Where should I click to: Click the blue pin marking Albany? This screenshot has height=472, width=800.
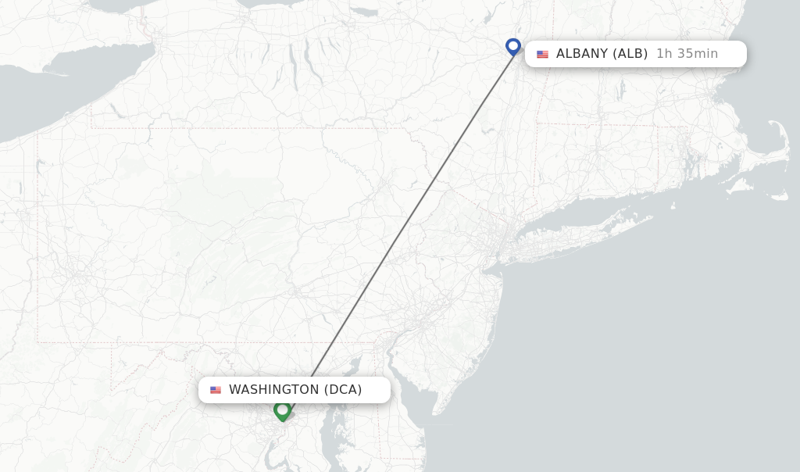(x=512, y=47)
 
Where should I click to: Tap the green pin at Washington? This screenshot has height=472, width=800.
(x=282, y=409)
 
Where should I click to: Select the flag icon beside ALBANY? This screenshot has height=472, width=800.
(x=542, y=54)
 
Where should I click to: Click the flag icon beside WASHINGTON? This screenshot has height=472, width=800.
(x=216, y=390)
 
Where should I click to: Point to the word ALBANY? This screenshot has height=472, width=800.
(x=581, y=54)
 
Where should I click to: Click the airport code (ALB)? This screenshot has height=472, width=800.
(x=630, y=54)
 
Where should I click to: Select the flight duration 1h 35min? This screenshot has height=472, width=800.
(x=687, y=54)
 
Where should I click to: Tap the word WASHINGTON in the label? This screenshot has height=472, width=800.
(x=273, y=390)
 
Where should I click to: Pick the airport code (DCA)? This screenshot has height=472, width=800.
(x=343, y=390)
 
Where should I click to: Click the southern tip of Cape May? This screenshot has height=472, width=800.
(x=434, y=413)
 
